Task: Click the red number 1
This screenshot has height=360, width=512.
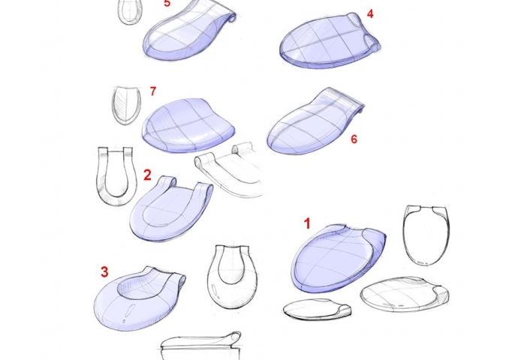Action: [x=306, y=223]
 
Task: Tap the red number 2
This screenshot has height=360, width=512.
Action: [x=147, y=175]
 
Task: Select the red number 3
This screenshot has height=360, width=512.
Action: [x=105, y=271]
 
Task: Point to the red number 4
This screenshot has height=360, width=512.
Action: [x=370, y=13]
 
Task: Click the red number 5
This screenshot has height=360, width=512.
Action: [x=167, y=3]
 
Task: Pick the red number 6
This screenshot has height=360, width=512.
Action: [x=354, y=139]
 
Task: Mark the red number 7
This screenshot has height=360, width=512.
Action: [x=152, y=91]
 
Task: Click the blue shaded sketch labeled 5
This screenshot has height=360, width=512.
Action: [x=184, y=34]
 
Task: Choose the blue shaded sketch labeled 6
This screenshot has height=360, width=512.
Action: [x=312, y=124]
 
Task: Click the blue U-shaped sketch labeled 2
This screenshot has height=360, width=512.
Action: [x=169, y=214]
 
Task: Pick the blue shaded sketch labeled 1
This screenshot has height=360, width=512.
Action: [x=338, y=259]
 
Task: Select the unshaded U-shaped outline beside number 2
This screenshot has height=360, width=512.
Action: [x=113, y=176]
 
